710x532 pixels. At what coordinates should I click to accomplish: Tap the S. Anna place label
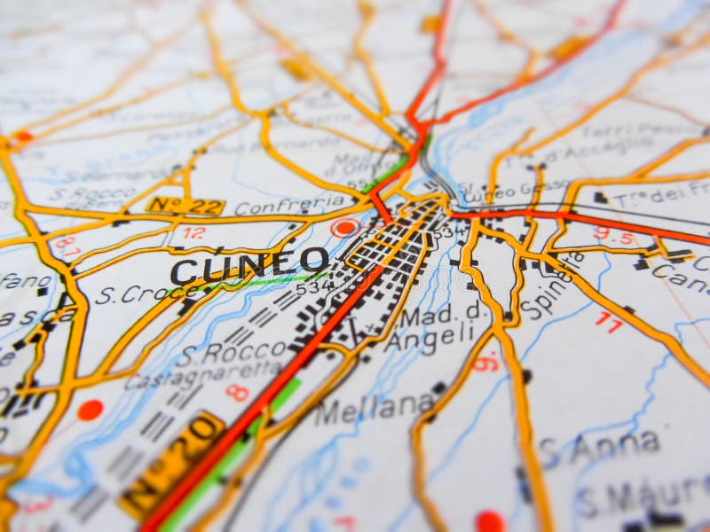601,446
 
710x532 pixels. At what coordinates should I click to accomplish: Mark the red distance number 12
193,233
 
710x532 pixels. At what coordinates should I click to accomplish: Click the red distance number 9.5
614,234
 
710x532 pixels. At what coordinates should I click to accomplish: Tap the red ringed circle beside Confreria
344,228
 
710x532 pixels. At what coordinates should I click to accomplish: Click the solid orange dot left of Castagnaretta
90,410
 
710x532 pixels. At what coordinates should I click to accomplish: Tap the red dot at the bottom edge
489,521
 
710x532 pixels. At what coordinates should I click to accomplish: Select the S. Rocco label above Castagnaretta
222,353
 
